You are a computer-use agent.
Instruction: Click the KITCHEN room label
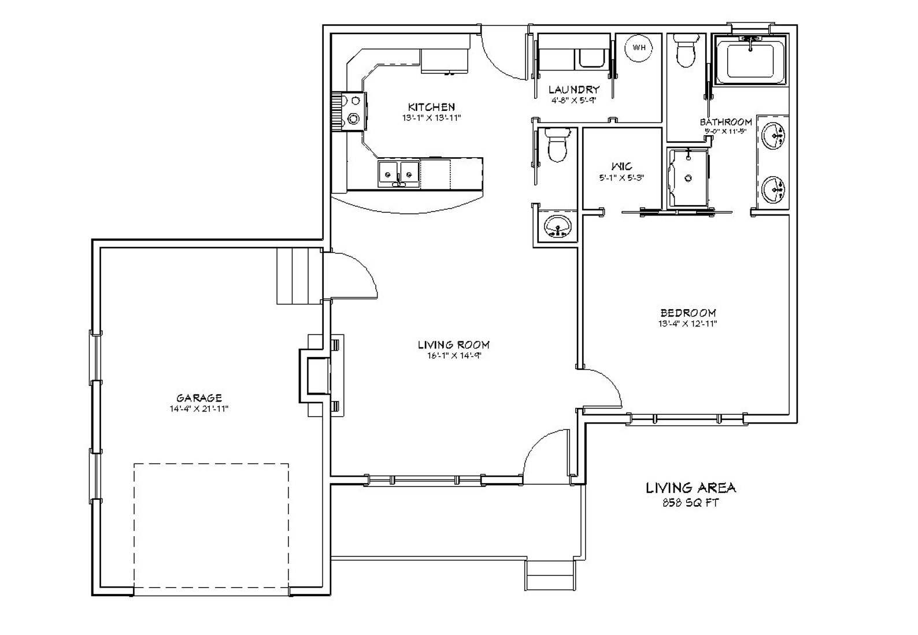pyautogui.click(x=431, y=107)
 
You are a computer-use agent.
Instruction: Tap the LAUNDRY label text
pyautogui.click(x=573, y=90)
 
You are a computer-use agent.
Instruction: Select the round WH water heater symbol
pyautogui.click(x=639, y=48)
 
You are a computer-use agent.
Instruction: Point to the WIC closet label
pyautogui.click(x=621, y=166)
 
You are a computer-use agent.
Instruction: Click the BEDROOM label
pyautogui.click(x=688, y=313)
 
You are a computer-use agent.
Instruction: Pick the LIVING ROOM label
pyautogui.click(x=454, y=345)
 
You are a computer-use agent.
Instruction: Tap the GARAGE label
pyautogui.click(x=199, y=398)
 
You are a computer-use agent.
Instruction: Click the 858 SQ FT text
pyautogui.click(x=690, y=503)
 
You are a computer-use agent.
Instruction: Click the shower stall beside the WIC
pyautogui.click(x=687, y=178)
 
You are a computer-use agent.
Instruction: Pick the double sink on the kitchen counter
pyautogui.click(x=398, y=172)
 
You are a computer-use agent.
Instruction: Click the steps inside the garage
pyautogui.click(x=298, y=276)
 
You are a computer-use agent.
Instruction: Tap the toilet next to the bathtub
pyautogui.click(x=686, y=51)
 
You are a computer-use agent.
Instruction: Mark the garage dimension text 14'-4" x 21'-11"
pyautogui.click(x=199, y=409)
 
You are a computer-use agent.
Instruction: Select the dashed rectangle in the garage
pyautogui.click(x=211, y=529)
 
